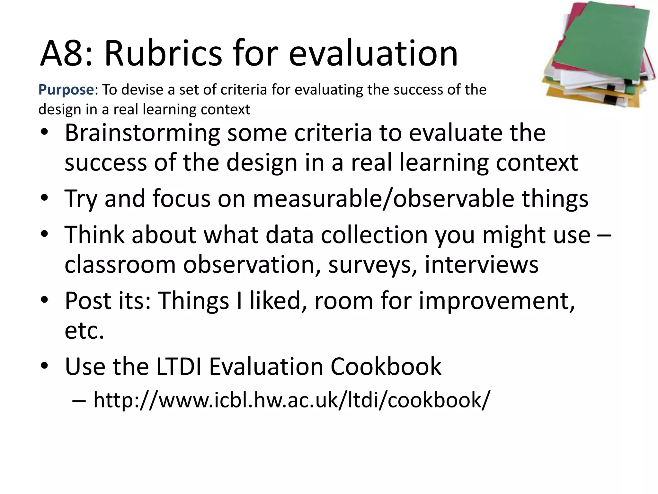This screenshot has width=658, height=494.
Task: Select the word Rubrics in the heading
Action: point(163,53)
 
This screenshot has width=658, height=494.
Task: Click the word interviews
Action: point(481,264)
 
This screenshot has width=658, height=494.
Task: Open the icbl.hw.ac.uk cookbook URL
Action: point(292,400)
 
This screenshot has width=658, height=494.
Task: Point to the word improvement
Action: point(496,300)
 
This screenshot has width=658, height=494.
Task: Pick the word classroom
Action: point(120,264)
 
